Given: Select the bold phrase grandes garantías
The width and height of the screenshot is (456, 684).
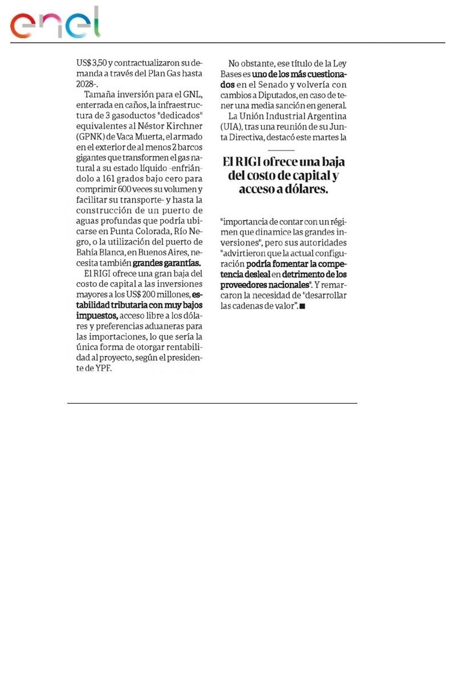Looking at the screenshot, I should pyautogui.click(x=166, y=263).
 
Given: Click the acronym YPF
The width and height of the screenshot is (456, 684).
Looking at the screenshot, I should pyautogui.click(x=104, y=368).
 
